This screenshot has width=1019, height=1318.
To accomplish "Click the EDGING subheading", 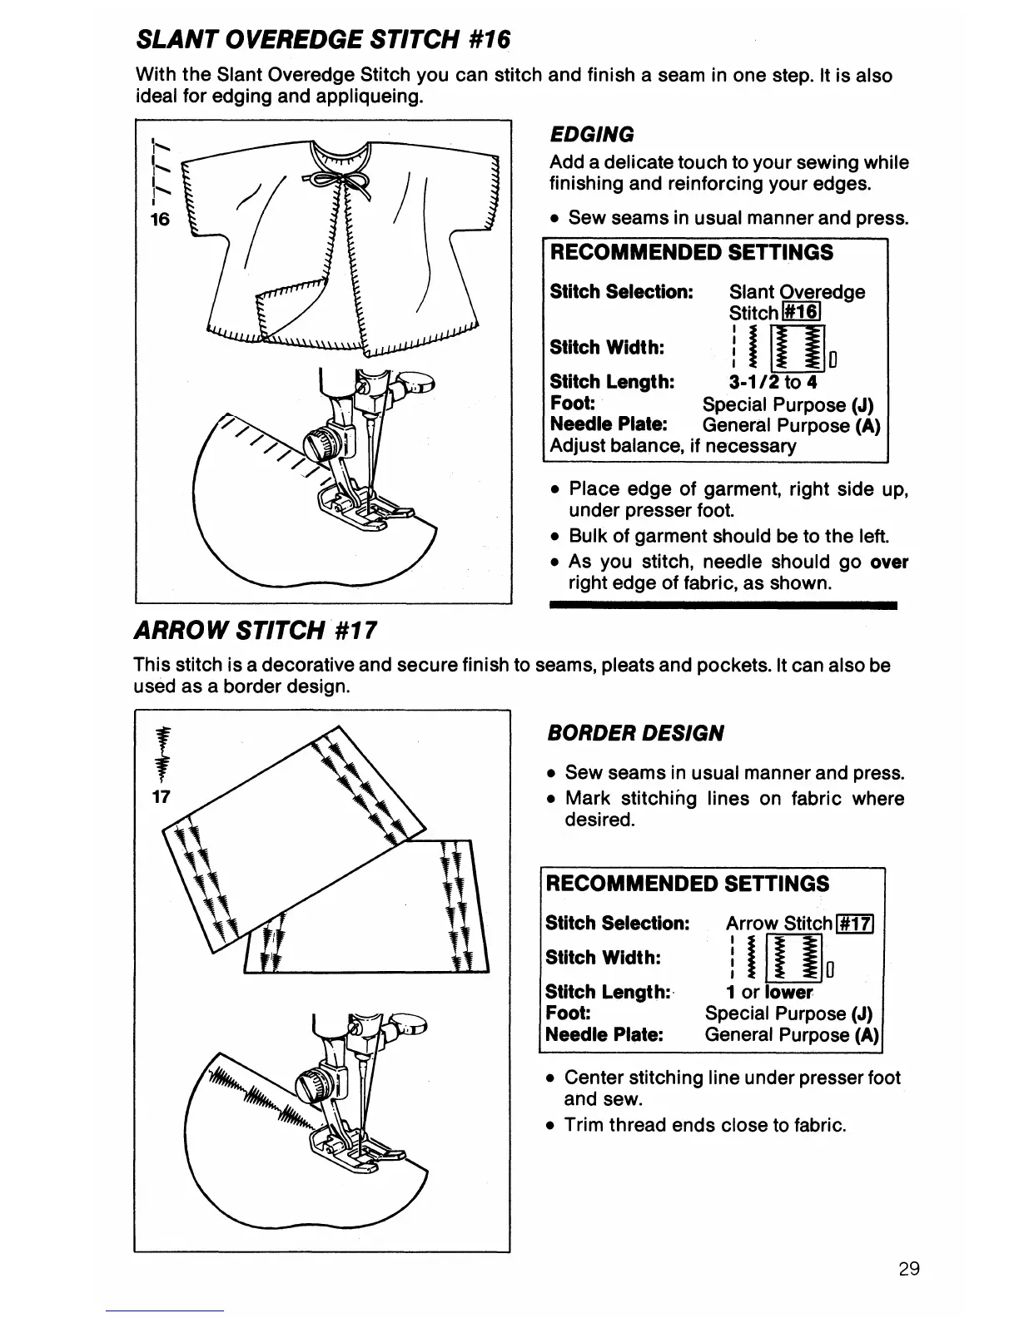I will click(x=591, y=134).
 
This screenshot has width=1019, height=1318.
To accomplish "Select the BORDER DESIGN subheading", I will click(x=635, y=733).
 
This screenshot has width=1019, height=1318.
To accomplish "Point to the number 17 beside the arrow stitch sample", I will click(x=161, y=796).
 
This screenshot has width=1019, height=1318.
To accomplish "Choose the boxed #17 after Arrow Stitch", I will click(x=853, y=923).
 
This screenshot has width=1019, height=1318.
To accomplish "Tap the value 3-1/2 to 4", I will click(x=773, y=382).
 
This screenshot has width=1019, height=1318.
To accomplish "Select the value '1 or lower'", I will click(x=768, y=992).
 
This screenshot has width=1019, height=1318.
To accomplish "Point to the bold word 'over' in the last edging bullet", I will click(x=889, y=562).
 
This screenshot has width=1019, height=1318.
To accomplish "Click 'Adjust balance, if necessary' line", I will click(x=673, y=446).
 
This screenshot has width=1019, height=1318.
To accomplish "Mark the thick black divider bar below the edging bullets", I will click(x=723, y=606).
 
